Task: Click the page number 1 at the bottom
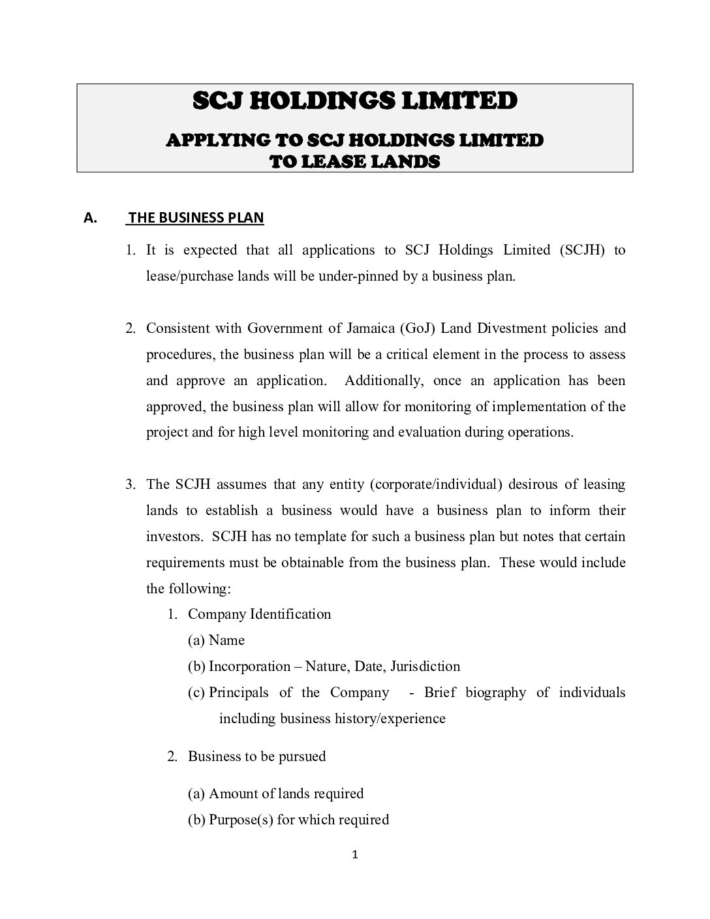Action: coord(355,856)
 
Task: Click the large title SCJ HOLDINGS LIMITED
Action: coord(355,101)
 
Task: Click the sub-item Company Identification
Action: coord(259,614)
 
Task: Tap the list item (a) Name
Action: coord(216,640)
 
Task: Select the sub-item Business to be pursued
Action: coord(256,756)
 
